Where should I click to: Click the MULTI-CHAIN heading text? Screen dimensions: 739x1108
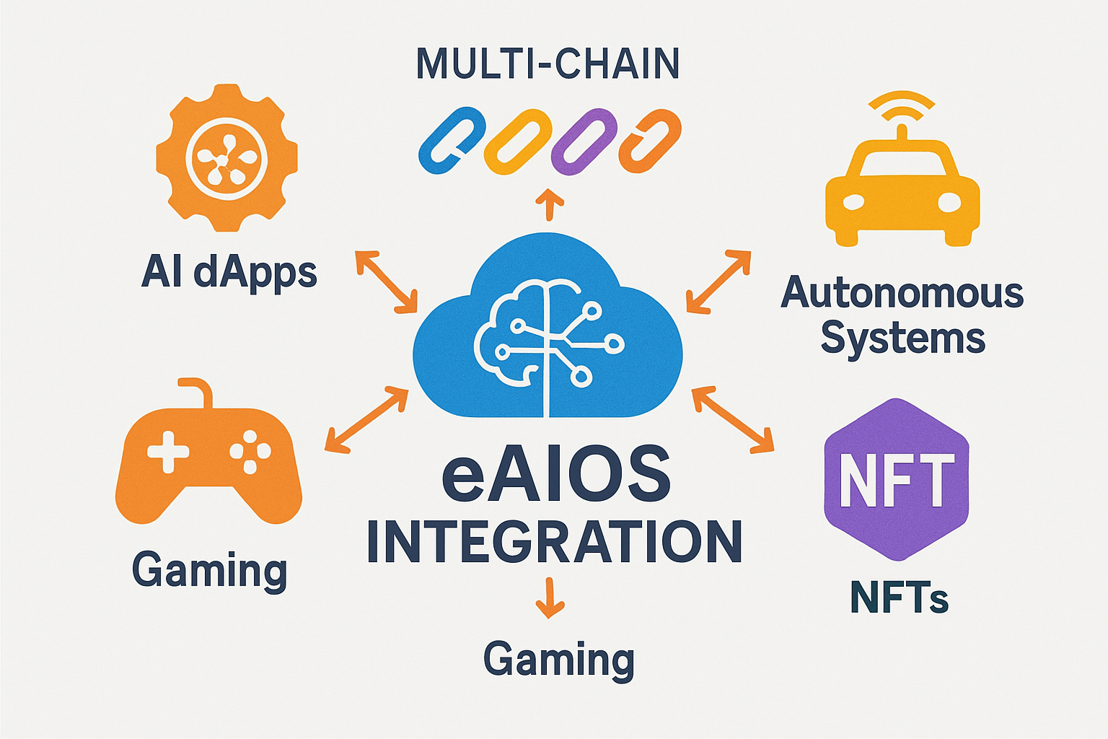pos(548,64)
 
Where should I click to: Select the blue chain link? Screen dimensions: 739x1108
pos(452,141)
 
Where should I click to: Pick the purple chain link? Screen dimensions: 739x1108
pos(584,142)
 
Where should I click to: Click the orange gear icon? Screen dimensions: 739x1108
pos(227,157)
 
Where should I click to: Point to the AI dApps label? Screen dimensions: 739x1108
pos(229,273)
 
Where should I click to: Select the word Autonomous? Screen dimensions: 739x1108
pos(902,292)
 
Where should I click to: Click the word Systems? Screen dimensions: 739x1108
pos(902,338)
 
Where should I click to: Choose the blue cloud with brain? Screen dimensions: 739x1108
pos(548,332)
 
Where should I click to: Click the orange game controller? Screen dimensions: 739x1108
pos(208,462)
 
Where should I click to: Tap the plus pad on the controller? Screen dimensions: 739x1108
pos(168,452)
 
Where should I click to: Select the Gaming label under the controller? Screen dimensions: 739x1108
pos(209,571)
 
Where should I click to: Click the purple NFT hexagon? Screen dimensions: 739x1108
pos(896,479)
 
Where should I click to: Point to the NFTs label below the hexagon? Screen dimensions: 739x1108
pos(899,598)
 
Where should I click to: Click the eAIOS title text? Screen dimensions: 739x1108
pos(555,474)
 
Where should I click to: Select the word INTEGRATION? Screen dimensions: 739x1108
pos(554,542)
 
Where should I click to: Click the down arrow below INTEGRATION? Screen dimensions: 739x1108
pos(550,599)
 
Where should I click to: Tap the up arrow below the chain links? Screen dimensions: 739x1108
pos(550,204)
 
